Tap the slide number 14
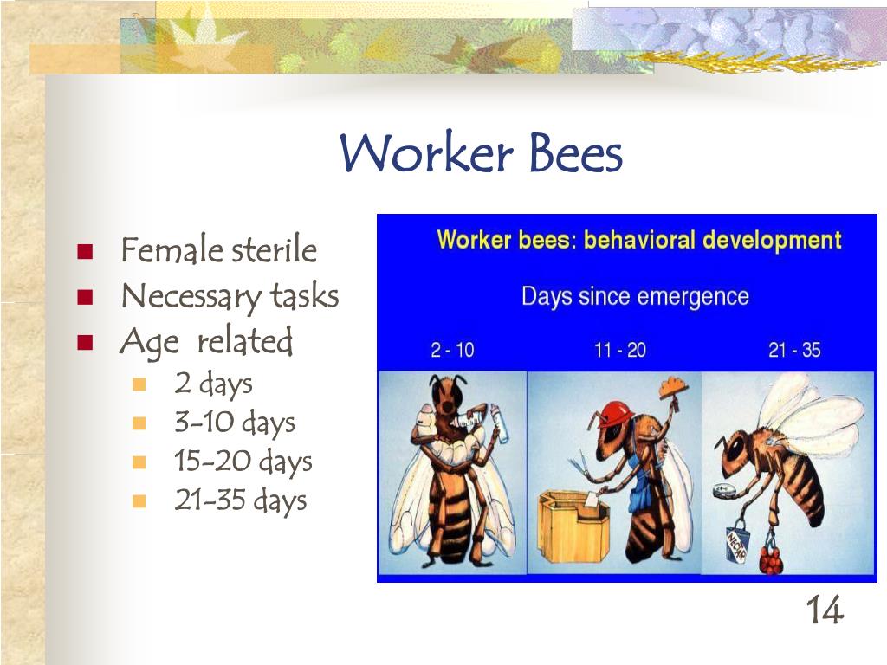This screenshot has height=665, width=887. point(824,611)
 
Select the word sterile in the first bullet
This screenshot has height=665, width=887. point(274,251)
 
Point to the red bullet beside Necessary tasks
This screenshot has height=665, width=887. point(84,297)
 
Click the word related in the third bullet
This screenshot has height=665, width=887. point(245,342)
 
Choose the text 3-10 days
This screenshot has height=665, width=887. point(234,423)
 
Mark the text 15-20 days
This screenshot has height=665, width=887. point(243,462)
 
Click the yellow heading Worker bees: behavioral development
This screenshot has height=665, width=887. point(638,240)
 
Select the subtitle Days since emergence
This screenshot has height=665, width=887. point(634,297)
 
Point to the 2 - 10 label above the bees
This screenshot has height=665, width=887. point(452,351)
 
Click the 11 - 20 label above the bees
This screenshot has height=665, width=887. point(620,351)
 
